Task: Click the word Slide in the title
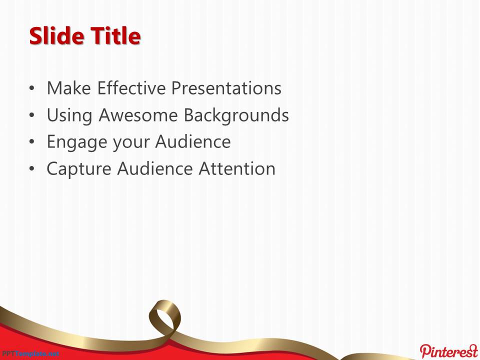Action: tap(56, 36)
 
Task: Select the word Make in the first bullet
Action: tap(69, 88)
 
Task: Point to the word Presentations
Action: tap(226, 88)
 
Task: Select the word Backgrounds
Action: tap(236, 115)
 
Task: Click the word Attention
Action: tap(237, 168)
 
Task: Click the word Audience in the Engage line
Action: tap(193, 141)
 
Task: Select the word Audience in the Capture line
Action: tap(154, 168)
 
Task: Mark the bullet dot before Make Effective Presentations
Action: tap(32, 88)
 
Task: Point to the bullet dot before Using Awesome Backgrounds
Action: tap(32, 115)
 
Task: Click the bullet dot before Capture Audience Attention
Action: tap(32, 169)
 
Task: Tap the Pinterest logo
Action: tap(449, 351)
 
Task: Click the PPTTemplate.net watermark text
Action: tap(29, 354)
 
